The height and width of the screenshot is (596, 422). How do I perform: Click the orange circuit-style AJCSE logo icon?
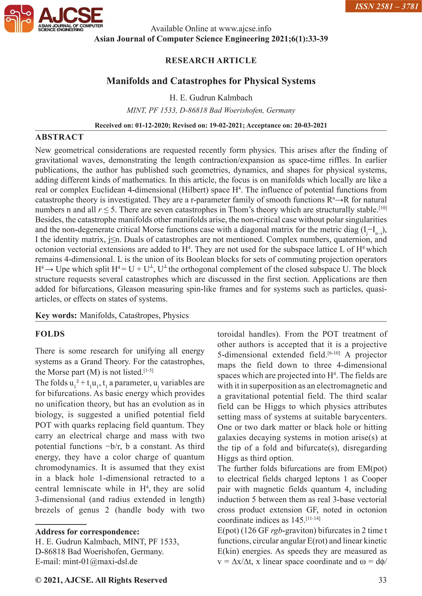pyautogui.click(x=19, y=19)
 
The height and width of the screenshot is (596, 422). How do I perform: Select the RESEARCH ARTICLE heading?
pyautogui.click(x=211, y=61)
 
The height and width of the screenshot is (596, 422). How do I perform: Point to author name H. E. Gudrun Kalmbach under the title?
pyautogui.click(x=211, y=98)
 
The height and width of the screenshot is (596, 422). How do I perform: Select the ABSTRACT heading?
pyautogui.click(x=59, y=137)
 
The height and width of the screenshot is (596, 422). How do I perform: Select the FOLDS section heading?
pyautogui.click(x=50, y=334)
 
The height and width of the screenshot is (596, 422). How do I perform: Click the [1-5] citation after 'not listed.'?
pyautogui.click(x=148, y=370)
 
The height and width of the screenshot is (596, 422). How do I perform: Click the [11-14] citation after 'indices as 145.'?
pyautogui.click(x=313, y=518)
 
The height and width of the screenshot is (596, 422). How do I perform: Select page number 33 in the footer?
pyautogui.click(x=382, y=580)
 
